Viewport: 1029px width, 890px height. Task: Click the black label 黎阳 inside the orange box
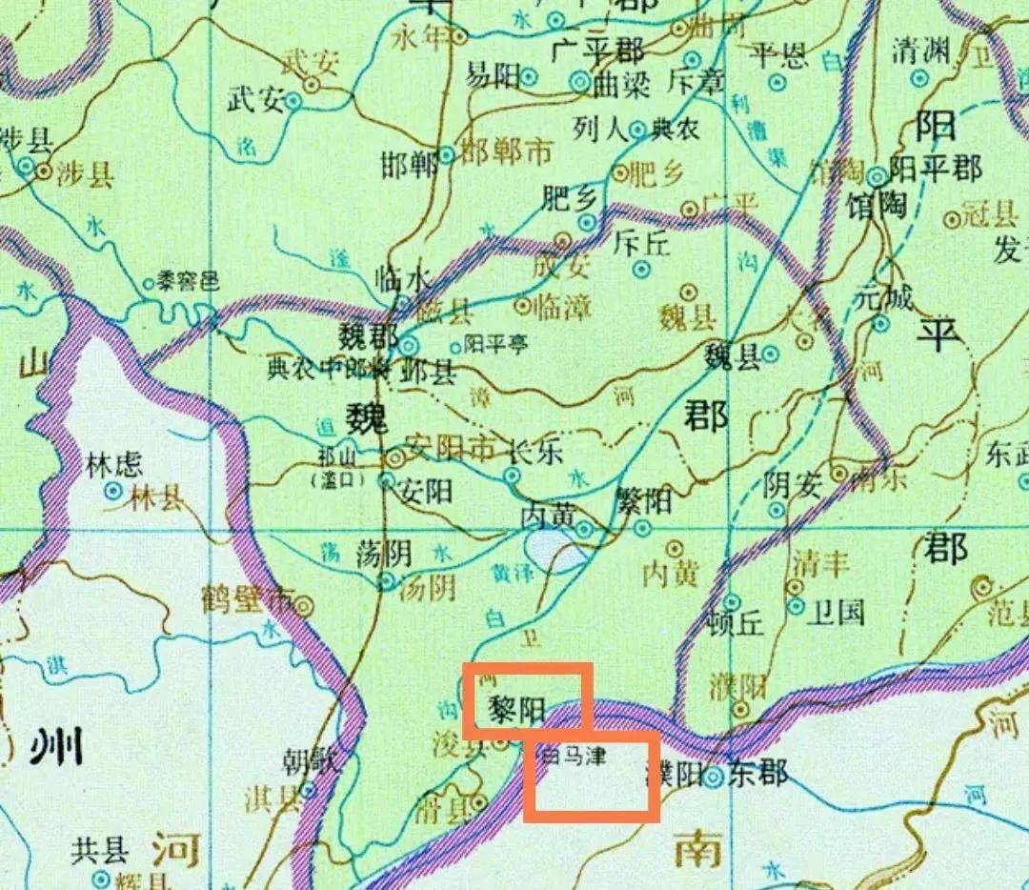pyautogui.click(x=516, y=709)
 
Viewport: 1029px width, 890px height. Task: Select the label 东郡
pyautogui.click(x=760, y=773)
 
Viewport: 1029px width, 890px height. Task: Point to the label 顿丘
pyautogui.click(x=736, y=623)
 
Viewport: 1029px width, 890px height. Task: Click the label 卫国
pyautogui.click(x=837, y=612)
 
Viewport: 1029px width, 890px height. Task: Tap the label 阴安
pyautogui.click(x=792, y=485)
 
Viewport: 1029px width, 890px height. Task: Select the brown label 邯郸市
pyautogui.click(x=505, y=151)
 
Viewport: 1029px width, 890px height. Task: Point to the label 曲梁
pyautogui.click(x=621, y=85)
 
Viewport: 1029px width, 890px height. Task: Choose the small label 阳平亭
pyautogui.click(x=495, y=344)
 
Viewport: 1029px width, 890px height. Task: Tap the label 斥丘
pyautogui.click(x=642, y=242)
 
